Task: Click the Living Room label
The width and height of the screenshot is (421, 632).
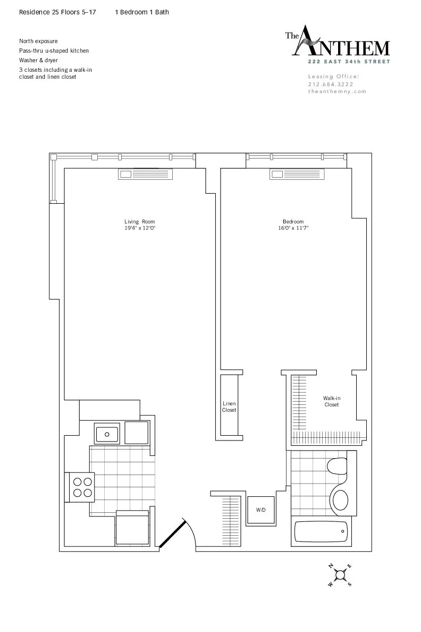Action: click(140, 221)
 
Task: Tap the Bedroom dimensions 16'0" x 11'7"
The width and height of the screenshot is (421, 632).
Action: click(293, 228)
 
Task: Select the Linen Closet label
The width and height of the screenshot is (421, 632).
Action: click(229, 407)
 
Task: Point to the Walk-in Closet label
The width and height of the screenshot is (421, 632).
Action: click(332, 401)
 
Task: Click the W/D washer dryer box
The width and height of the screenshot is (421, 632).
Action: click(261, 510)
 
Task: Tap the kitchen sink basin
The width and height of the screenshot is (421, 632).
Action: click(108, 434)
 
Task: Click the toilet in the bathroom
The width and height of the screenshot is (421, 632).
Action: click(336, 467)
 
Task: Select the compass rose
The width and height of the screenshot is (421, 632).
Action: click(340, 575)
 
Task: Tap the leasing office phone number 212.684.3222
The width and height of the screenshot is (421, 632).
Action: click(331, 84)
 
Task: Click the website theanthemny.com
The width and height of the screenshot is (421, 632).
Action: click(338, 91)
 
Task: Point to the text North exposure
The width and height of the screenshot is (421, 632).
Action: click(38, 41)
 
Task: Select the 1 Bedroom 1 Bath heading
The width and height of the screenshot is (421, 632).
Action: click(142, 12)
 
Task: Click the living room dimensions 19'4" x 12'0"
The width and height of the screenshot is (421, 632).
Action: click(140, 228)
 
